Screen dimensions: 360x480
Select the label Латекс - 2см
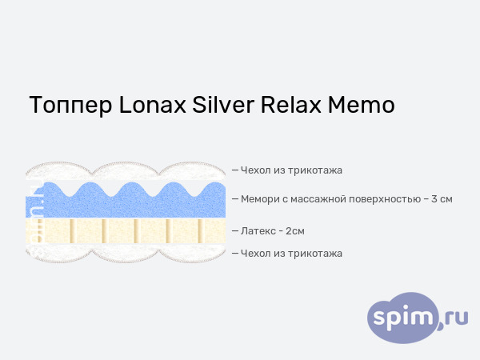click(x=272, y=231)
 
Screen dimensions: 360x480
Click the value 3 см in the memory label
click(x=442, y=198)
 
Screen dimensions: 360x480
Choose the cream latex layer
click(x=120, y=233)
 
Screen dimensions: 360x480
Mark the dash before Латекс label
click(x=235, y=231)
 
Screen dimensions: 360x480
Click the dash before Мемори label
click(x=235, y=198)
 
